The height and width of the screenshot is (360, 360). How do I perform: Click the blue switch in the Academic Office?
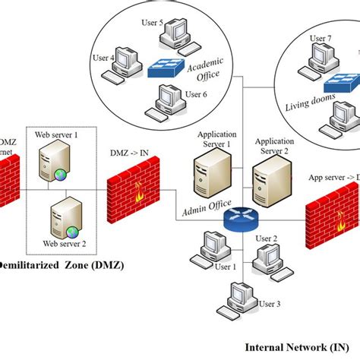169,67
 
